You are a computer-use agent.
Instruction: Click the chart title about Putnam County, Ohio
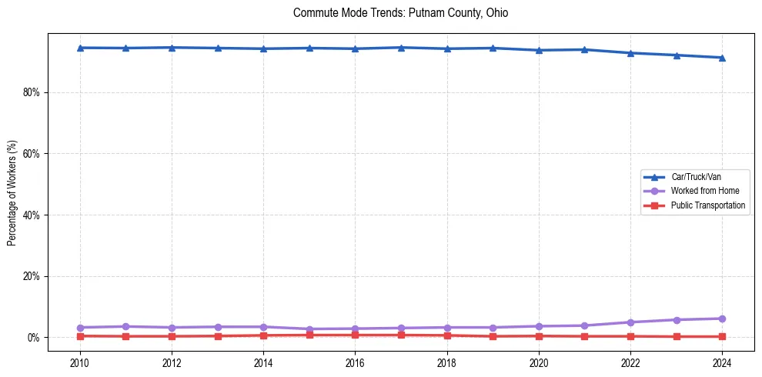(x=400, y=13)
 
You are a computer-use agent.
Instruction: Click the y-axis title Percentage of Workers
(x=12, y=192)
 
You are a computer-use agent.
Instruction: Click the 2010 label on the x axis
(x=80, y=362)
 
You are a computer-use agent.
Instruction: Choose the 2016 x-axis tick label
(x=355, y=362)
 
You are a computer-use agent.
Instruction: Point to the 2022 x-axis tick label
(x=630, y=362)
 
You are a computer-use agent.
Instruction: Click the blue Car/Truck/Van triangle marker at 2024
(x=722, y=58)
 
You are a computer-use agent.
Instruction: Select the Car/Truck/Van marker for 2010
(x=80, y=48)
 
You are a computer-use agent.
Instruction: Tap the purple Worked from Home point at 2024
(x=722, y=319)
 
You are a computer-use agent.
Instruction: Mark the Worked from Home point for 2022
(x=630, y=322)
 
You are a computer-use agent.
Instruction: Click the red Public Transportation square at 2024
(x=722, y=336)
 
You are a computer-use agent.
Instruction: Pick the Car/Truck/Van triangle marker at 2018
(x=447, y=48)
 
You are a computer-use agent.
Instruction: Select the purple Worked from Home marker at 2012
(x=172, y=328)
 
